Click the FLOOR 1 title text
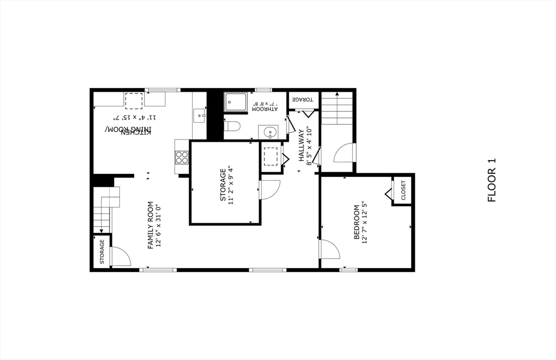click(x=492, y=180)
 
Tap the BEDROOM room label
click(x=357, y=222)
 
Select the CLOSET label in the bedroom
click(x=403, y=191)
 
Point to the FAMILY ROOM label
click(x=151, y=225)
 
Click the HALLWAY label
click(x=301, y=146)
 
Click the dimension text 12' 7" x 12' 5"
click(x=365, y=222)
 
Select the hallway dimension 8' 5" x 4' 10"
click(x=309, y=146)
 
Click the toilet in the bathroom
click(x=232, y=127)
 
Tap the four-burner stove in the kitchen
click(x=181, y=157)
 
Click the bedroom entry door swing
click(x=329, y=249)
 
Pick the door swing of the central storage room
click(x=269, y=190)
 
